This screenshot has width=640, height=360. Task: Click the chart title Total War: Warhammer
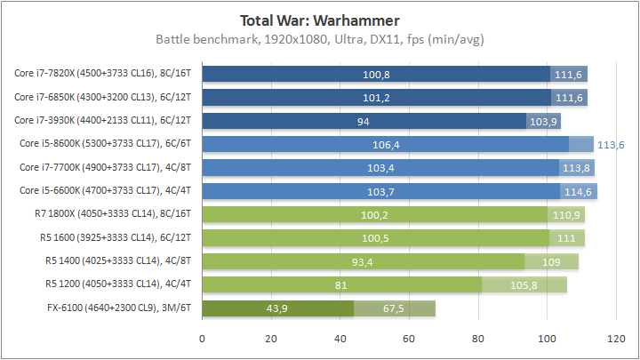click(x=319, y=20)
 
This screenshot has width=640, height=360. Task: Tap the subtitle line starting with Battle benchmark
click(x=319, y=39)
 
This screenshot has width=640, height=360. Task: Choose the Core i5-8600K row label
click(x=108, y=143)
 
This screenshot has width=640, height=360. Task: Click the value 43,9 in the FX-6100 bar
click(x=277, y=308)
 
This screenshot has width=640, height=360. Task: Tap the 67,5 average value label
click(x=393, y=308)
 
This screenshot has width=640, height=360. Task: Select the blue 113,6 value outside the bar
click(x=611, y=144)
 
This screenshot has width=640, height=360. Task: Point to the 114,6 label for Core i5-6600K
click(x=579, y=191)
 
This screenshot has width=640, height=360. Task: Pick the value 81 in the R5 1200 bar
click(x=341, y=284)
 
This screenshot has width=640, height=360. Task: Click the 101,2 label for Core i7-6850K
click(x=376, y=97)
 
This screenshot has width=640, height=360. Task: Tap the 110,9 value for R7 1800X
click(x=565, y=214)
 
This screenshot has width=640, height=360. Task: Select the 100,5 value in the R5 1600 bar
click(x=375, y=238)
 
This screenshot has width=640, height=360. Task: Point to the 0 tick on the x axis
click(x=203, y=339)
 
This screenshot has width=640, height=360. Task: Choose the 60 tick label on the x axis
click(x=409, y=339)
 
